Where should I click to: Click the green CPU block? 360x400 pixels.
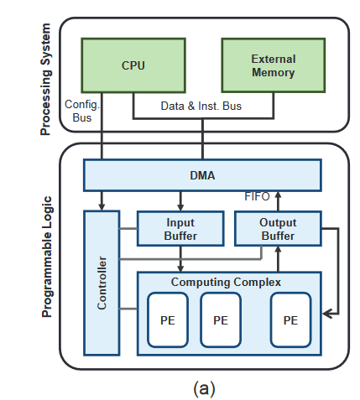coord(133,65)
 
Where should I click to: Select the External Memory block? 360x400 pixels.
coord(273,65)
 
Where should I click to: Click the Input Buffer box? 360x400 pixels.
coord(180,229)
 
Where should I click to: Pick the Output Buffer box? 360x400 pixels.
coord(277,229)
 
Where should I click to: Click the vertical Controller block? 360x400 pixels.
coord(102,282)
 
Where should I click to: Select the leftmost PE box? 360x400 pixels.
coord(168,319)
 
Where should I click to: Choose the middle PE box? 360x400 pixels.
coord(221,319)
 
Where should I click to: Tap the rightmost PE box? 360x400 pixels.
coord(290,319)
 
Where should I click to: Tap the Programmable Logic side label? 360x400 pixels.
coord(47,256)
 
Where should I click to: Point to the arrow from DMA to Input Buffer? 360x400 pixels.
coord(180,201)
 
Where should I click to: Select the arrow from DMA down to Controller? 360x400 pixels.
coord(102,200)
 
